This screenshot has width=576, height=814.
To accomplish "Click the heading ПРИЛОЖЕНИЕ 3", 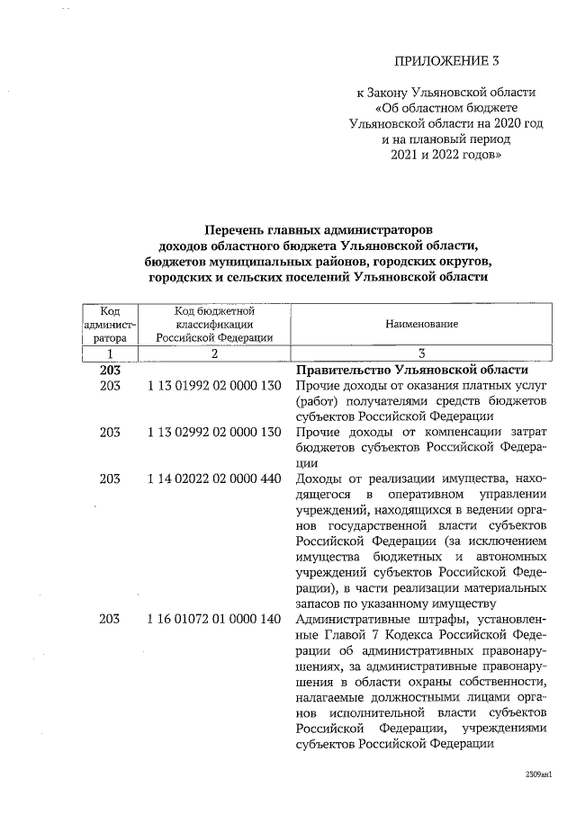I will [446, 61].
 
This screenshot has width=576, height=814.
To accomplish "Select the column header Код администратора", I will [110, 324].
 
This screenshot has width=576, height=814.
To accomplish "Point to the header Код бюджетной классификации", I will [214, 324].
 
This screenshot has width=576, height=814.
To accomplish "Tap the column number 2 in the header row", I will [214, 354].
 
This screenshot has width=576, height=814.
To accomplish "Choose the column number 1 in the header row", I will [110, 354].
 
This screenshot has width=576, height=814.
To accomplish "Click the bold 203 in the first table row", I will [110, 370].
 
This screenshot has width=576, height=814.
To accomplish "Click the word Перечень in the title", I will [236, 229].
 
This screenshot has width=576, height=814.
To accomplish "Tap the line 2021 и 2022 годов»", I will [446, 156].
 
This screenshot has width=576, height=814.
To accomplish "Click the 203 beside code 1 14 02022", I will [110, 478].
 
